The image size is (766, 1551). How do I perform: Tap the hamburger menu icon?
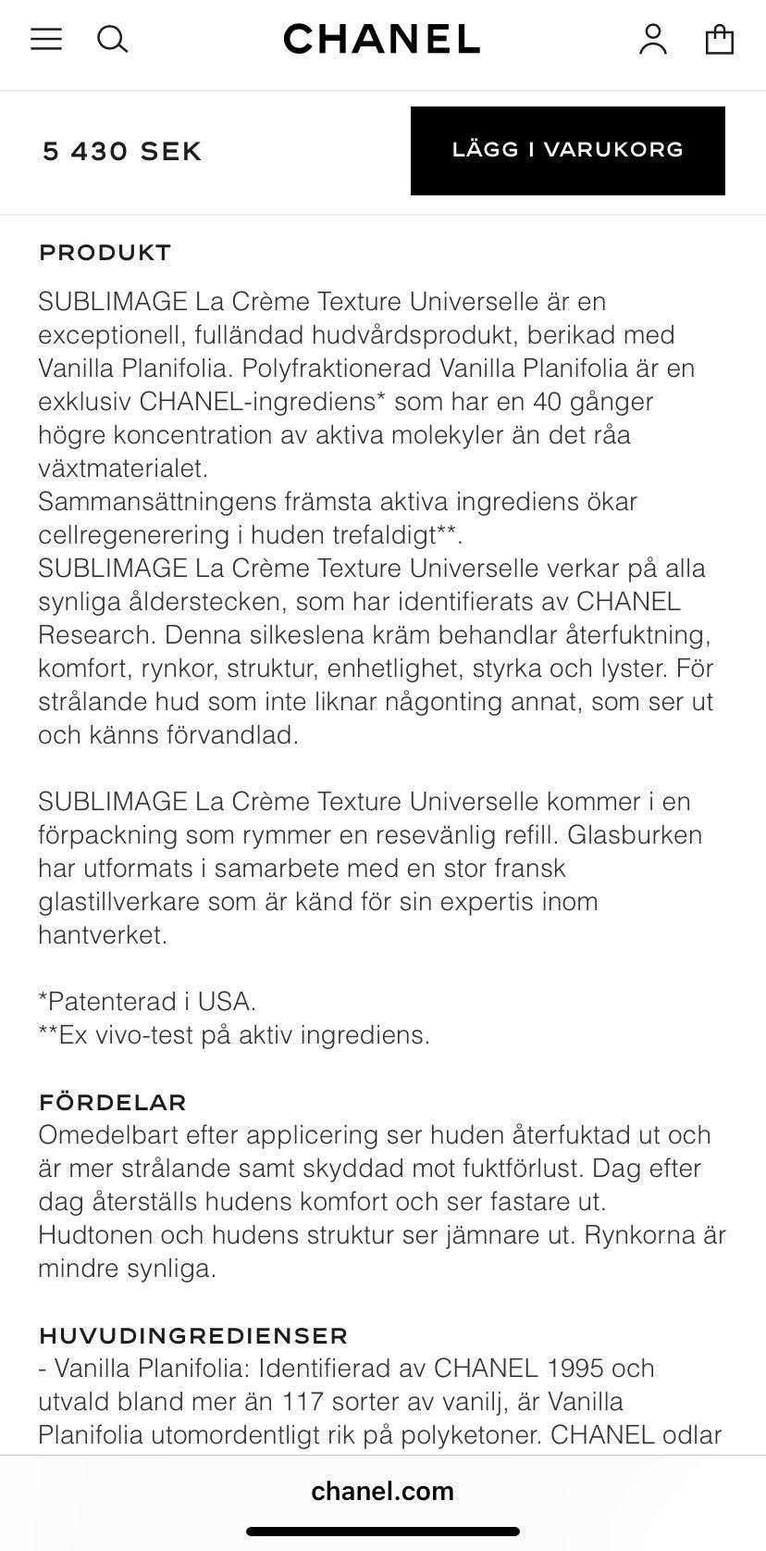[46, 39]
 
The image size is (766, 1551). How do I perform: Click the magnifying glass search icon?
[112, 39]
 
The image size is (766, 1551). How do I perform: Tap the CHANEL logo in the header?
[382, 39]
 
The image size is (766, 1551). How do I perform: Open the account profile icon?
[653, 39]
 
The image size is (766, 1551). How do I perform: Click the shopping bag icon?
[720, 39]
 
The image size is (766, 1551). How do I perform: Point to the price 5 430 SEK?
[122, 151]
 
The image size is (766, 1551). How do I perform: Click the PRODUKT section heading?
[105, 253]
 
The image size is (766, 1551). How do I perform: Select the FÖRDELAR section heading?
[112, 1102]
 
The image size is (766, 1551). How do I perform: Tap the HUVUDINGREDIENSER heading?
[193, 1335]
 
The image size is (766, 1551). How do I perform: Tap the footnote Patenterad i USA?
[147, 1002]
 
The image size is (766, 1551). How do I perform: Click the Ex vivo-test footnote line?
[234, 1035]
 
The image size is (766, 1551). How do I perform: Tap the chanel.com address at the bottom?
[382, 1491]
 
